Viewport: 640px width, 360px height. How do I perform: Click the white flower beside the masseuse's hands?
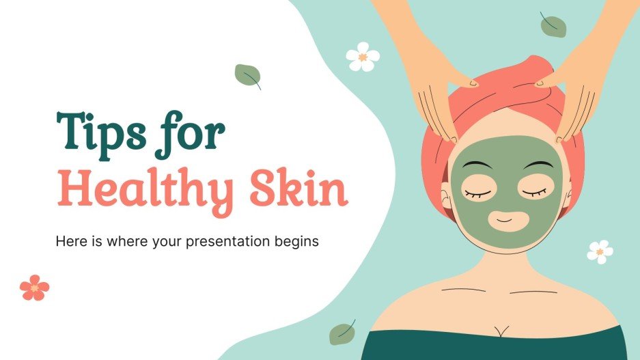tap(362, 57)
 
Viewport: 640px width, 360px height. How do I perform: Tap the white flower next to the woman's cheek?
tap(600, 251)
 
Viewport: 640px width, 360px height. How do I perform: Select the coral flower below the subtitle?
tap(34, 287)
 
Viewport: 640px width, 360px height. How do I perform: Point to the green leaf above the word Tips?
tap(247, 76)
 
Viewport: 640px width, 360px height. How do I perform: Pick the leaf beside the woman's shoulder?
tap(342, 333)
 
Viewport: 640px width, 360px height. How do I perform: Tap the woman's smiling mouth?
tap(505, 220)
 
